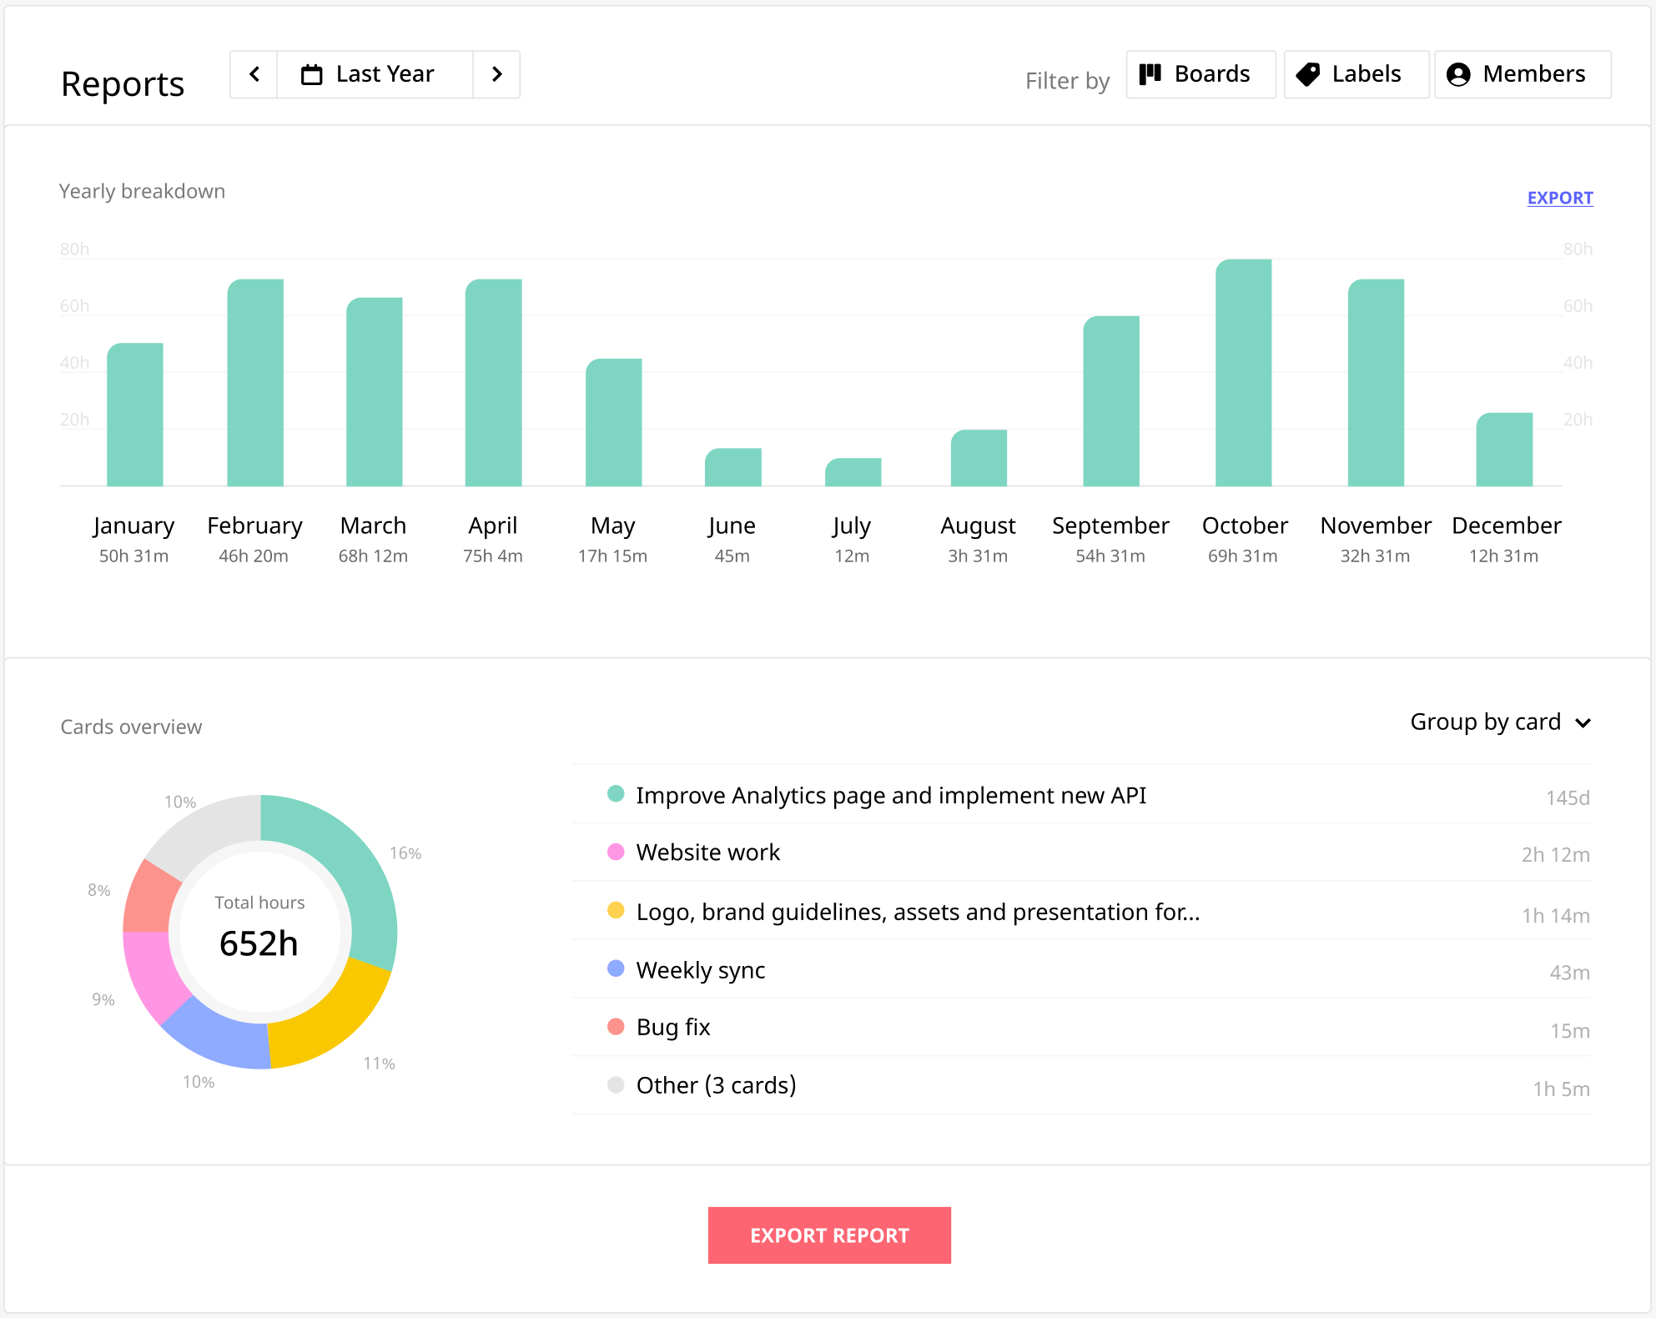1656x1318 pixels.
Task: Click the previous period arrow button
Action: point(254,74)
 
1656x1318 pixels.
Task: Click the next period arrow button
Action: point(497,74)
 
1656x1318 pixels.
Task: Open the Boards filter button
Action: point(1200,74)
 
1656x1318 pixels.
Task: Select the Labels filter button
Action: point(1356,74)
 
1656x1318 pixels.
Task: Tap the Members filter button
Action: point(1522,74)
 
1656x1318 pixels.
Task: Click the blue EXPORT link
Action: point(1559,198)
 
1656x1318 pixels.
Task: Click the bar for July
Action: point(853,472)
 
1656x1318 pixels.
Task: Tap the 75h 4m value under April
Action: point(492,556)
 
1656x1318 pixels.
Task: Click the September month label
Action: point(1110,526)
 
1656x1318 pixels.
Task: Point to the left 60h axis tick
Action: point(74,306)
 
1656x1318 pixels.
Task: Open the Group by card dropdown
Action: point(1500,722)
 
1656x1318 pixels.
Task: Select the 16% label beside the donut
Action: point(405,853)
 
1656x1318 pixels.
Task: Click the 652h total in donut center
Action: point(259,943)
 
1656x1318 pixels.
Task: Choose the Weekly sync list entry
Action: point(700,970)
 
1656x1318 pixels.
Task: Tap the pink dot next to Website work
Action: point(616,852)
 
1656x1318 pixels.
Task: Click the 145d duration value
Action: point(1567,797)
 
